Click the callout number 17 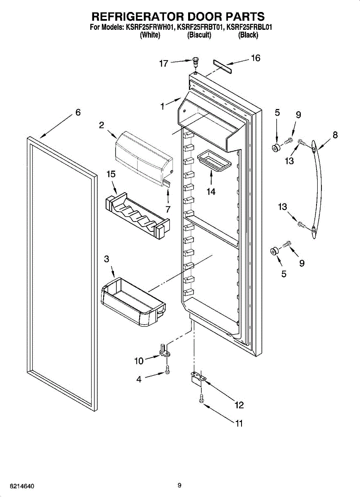[164, 64]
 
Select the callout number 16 [256, 58]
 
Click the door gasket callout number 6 [78, 113]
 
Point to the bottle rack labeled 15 [138, 216]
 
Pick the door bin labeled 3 [133, 302]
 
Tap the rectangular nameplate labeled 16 [222, 66]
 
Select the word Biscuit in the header [199, 35]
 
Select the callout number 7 [168, 209]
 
